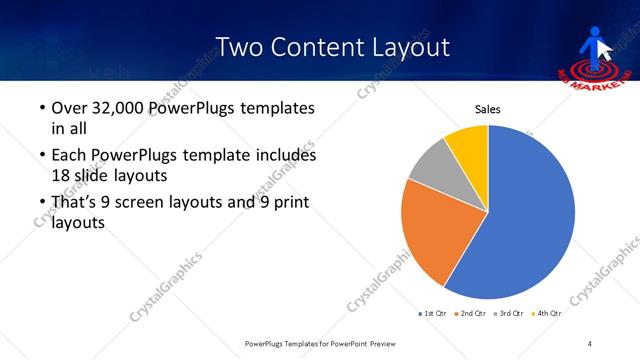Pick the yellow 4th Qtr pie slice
coord(468,143)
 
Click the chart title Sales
coord(487,110)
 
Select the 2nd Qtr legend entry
coord(471,314)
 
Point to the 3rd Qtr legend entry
coord(508,314)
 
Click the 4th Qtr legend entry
coord(546,314)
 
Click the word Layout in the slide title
coord(403,47)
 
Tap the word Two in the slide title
coord(240,47)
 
